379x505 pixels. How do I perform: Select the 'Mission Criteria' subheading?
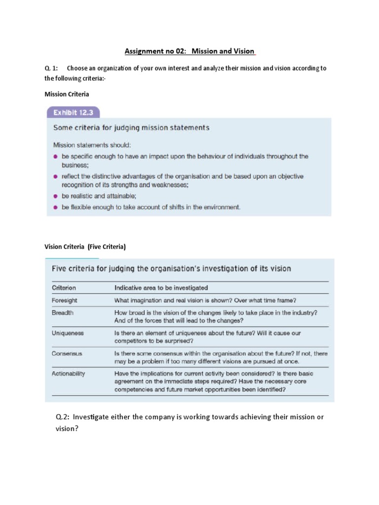tap(67, 94)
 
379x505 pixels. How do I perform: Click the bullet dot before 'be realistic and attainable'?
tap(56, 196)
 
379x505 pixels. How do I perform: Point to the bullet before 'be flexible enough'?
tap(56, 207)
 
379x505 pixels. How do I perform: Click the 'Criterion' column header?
tap(64, 288)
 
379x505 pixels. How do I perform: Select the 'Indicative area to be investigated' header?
tap(161, 288)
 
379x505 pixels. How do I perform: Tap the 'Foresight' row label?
tap(65, 300)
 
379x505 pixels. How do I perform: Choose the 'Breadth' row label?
tap(63, 313)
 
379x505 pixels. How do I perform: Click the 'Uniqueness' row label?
tap(68, 333)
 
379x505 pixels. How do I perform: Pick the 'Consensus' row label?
tap(67, 354)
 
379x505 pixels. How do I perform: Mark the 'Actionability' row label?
tap(69, 374)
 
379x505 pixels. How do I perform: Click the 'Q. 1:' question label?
tap(51, 69)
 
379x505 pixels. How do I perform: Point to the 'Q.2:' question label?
tap(64, 417)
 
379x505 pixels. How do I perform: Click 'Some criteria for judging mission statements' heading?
tap(131, 128)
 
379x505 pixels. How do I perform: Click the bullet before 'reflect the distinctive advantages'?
tap(56, 176)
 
